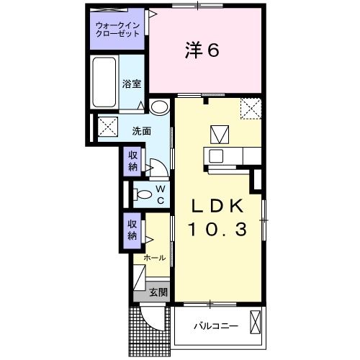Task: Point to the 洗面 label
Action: pyautogui.click(x=141, y=131)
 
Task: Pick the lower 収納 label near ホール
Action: pyautogui.click(x=133, y=230)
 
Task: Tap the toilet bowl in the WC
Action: pyautogui.click(x=143, y=193)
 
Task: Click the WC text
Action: pyautogui.click(x=161, y=193)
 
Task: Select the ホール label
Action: pyautogui.click(x=154, y=257)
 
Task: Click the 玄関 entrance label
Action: pyautogui.click(x=158, y=292)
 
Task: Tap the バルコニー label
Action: pyautogui.click(x=215, y=326)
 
